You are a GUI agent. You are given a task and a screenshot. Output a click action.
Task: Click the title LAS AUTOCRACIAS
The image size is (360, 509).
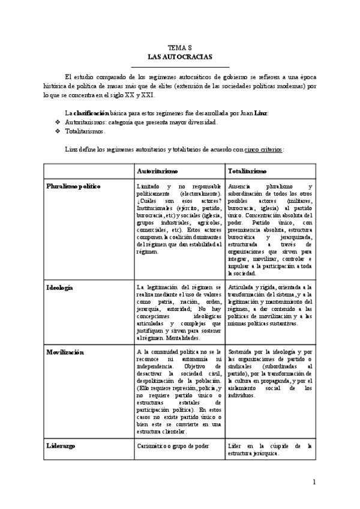179,56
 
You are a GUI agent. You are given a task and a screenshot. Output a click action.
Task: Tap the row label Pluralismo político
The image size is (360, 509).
74,187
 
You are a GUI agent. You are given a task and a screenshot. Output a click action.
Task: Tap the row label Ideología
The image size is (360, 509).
60,288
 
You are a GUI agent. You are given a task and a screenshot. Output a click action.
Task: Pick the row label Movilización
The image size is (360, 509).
65,352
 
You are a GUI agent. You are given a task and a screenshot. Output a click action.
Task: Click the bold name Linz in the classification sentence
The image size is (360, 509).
260,113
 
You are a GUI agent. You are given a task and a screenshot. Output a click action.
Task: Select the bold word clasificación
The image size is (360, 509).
92,113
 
